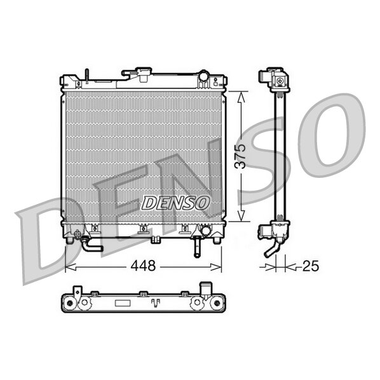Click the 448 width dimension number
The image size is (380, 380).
coord(143,266)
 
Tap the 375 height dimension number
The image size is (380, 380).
coord(241,156)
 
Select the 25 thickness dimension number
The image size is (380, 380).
coord(311,266)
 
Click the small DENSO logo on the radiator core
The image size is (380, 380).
coord(175,203)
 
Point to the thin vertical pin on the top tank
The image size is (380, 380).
coord(87,76)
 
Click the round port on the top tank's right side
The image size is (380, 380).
coord(203,76)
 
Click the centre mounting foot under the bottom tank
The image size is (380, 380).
coord(156,240)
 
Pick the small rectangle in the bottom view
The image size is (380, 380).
coord(123,303)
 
